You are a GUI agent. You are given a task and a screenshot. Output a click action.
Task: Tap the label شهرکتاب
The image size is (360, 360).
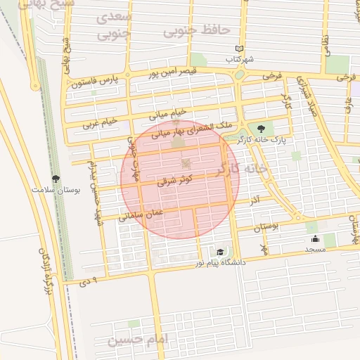click(x=240, y=59)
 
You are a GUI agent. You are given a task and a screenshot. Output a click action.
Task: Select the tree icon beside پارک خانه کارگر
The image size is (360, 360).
click(x=262, y=128)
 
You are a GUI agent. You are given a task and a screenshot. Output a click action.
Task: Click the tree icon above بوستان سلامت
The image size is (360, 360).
click(x=56, y=179)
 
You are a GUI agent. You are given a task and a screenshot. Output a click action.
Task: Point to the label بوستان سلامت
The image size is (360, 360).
click(x=56, y=190)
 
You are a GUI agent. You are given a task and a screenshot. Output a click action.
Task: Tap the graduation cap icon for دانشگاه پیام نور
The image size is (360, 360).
click(x=220, y=252)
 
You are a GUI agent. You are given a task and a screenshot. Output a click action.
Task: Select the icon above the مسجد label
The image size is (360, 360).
click(x=314, y=238)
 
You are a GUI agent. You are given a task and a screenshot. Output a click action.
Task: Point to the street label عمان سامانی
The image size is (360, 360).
click(x=141, y=213)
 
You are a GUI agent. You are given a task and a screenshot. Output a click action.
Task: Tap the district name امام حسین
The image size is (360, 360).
click(x=139, y=340)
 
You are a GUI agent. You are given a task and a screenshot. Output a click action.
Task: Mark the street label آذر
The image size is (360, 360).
click(x=255, y=201)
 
